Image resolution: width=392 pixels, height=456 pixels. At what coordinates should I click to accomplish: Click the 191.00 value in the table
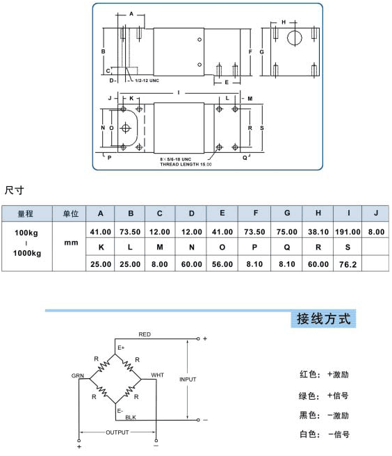point(348,231)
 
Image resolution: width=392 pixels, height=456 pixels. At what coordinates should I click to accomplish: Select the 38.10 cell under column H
point(318,231)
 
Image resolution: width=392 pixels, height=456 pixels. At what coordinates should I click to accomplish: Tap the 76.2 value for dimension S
point(348,264)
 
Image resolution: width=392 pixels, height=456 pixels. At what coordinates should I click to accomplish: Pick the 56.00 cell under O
point(222,264)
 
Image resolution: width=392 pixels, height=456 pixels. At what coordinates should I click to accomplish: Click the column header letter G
point(287,213)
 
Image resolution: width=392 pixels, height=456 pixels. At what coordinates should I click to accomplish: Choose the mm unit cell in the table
point(72,243)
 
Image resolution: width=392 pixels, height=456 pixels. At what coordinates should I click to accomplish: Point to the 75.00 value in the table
point(287,231)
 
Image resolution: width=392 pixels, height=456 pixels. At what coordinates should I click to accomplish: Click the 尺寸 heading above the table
point(15,190)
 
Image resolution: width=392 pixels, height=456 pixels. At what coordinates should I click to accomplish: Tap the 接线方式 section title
point(323,319)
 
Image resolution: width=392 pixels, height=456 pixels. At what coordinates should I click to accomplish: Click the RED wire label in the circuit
point(145,334)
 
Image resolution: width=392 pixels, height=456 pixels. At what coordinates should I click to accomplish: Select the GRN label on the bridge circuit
point(78,376)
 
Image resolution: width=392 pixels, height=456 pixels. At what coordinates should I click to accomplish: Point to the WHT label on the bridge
point(157,375)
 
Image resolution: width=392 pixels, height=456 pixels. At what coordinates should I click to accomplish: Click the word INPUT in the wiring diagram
point(188,380)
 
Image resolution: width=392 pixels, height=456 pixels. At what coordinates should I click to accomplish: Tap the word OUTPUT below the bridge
point(117,432)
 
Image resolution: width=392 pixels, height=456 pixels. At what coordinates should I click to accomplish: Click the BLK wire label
point(131,417)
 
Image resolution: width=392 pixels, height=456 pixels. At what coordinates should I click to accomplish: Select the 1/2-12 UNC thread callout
point(147,81)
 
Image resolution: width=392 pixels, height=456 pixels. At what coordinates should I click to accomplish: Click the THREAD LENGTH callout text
point(186,164)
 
